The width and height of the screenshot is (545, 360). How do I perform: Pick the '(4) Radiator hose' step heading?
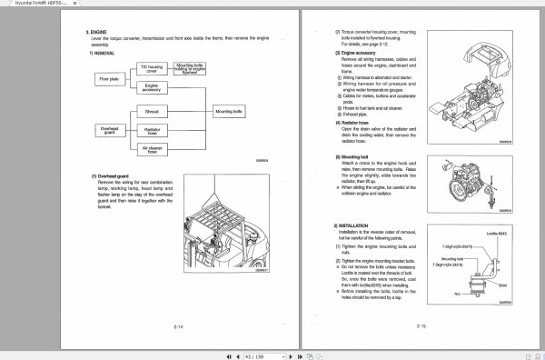[354, 118]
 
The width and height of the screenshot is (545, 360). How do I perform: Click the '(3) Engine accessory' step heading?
[358, 53]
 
